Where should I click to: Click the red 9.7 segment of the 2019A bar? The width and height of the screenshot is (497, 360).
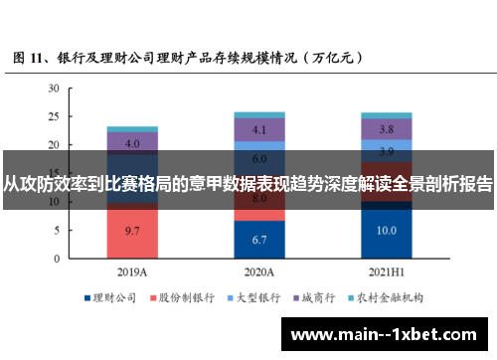pyautogui.click(x=132, y=231)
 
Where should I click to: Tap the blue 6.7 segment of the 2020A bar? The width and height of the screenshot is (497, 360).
pyautogui.click(x=258, y=240)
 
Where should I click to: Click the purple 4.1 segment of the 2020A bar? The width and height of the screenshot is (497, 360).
pyautogui.click(x=258, y=130)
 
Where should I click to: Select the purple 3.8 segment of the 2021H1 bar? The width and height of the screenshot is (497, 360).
pyautogui.click(x=386, y=129)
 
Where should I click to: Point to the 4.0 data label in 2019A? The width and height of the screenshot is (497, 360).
pyautogui.click(x=132, y=142)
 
